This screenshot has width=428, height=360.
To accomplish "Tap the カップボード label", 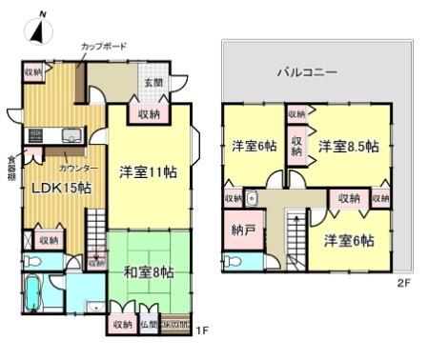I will point(104,46).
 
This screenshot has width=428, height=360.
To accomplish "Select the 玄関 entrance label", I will point(153,83).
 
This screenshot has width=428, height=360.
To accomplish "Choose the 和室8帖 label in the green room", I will point(148,271).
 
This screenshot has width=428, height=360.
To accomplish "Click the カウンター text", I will point(78,167).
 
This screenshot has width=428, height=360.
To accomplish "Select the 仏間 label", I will point(149,325).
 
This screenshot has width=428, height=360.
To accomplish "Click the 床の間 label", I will point(174,325).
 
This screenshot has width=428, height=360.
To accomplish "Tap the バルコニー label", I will point(307,71).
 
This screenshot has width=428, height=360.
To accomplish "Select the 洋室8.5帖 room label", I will point(348,147).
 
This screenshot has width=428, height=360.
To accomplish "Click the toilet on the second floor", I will point(232,260).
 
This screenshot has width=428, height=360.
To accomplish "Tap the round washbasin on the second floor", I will point(252,199).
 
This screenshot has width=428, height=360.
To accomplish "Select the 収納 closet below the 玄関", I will point(148,113).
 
